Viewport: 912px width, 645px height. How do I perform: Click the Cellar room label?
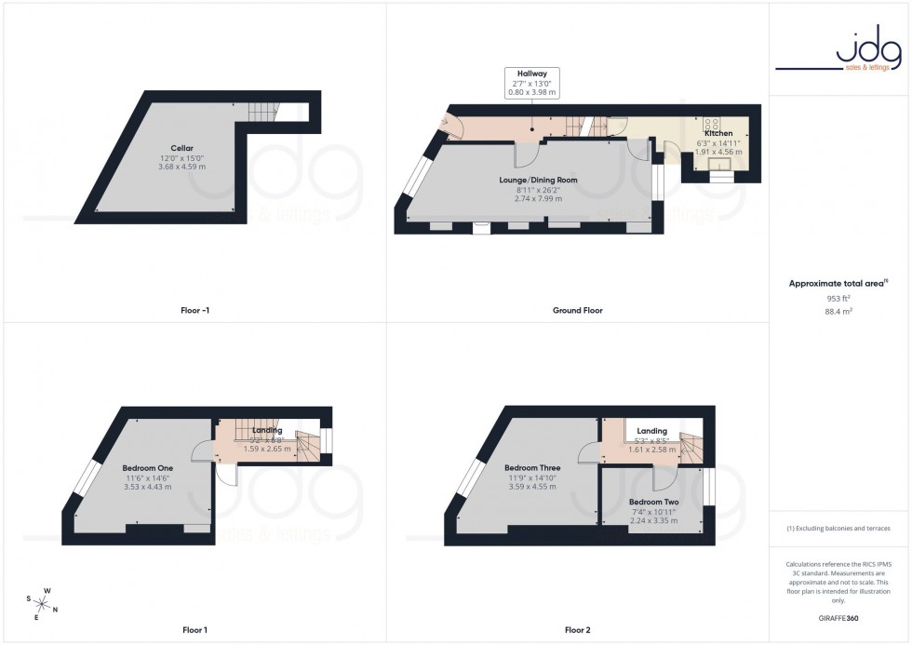(182, 148)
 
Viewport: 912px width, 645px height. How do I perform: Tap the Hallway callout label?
(532, 72)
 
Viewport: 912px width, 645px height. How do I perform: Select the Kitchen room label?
(718, 133)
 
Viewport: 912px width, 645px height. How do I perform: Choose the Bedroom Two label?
(653, 502)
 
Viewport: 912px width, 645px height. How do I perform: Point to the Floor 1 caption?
(194, 630)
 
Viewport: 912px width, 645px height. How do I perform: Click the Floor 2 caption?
(578, 630)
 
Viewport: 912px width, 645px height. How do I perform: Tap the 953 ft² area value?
(839, 299)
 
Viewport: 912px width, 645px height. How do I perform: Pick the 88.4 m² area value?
(839, 312)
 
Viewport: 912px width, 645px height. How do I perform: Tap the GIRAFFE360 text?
(839, 617)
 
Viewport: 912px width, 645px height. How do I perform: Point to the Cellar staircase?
(263, 112)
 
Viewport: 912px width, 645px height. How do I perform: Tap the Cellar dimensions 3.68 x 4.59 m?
(182, 167)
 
